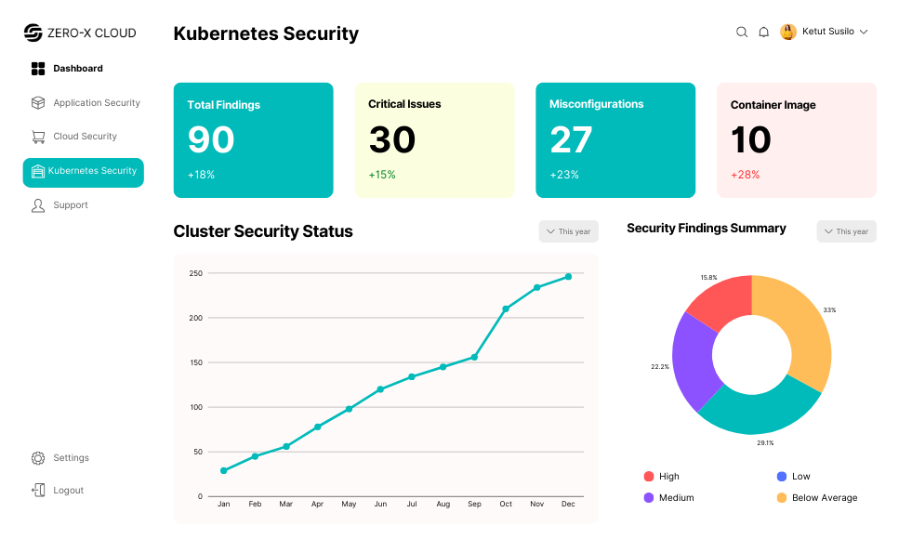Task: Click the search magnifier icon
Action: [x=742, y=32]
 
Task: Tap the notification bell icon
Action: [x=763, y=32]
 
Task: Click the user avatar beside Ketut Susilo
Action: [x=788, y=32]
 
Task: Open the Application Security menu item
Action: [x=96, y=103]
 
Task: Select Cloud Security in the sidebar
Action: [x=85, y=137]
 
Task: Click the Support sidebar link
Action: [x=70, y=205]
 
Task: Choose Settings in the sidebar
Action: [x=71, y=458]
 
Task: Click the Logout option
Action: [x=68, y=491]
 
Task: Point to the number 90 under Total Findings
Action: [x=211, y=139]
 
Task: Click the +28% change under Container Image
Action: [x=745, y=175]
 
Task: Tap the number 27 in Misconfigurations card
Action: [x=571, y=139]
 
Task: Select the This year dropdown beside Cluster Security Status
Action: [x=568, y=231]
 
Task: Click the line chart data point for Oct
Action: [x=506, y=309]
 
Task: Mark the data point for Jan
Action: [x=223, y=470]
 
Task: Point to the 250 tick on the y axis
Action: [x=195, y=273]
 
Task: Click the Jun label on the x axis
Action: [x=380, y=504]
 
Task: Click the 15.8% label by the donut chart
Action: [x=708, y=278]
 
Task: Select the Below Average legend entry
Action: [x=824, y=498]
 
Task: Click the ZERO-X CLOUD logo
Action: [x=80, y=33]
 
